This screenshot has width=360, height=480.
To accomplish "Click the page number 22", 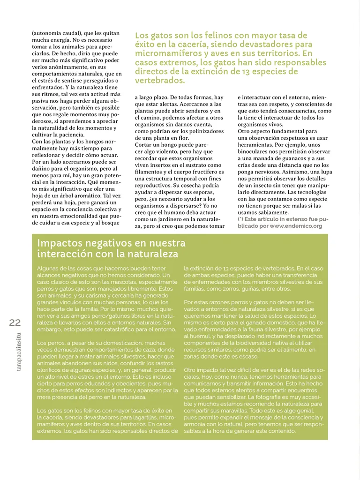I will [15, 322].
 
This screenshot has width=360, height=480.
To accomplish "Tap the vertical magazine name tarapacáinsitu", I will [18, 352].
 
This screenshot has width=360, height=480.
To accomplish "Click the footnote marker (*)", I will [240, 219].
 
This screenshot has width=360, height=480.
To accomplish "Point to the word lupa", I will [324, 172].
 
